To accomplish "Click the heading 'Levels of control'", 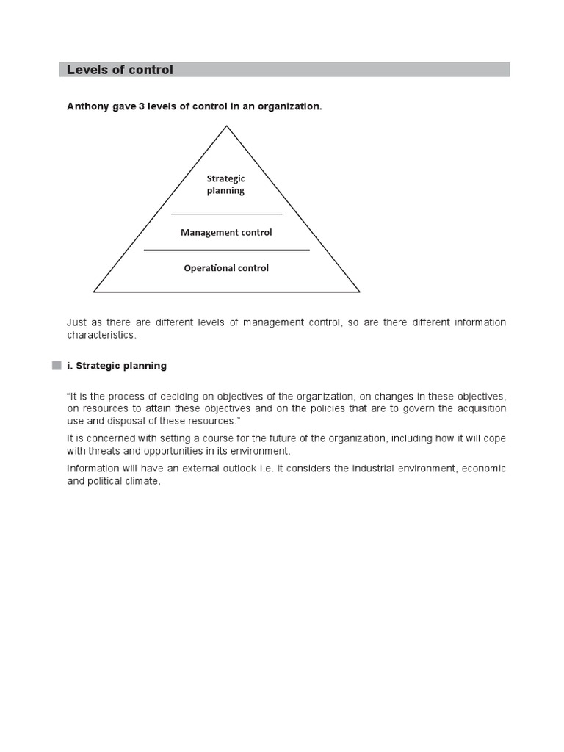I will pyautogui.click(x=120, y=70).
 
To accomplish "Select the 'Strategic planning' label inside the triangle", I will pyautogui.click(x=225, y=184).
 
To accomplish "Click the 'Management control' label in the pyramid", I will pyautogui.click(x=226, y=233).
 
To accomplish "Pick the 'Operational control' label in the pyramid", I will pyautogui.click(x=226, y=268).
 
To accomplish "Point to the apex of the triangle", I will pyautogui.click(x=226, y=126).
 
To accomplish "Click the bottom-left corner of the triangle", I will pyautogui.click(x=95, y=292).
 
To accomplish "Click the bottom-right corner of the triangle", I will pyautogui.click(x=359, y=292).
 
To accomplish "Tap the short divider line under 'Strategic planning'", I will pyautogui.click(x=226, y=214).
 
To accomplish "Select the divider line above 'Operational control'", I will pyautogui.click(x=226, y=250).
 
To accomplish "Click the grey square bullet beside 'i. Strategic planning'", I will pyautogui.click(x=56, y=366).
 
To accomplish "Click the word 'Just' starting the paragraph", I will pyautogui.click(x=76, y=323).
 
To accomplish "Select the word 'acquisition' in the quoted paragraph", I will pyautogui.click(x=481, y=408).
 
